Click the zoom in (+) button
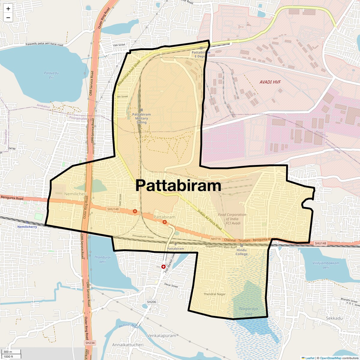tap(8, 9)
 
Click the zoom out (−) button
tap(8, 18)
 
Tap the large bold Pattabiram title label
tap(178, 186)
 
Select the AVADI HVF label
tap(270, 82)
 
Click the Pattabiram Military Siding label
tap(142, 118)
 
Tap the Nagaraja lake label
tap(248, 311)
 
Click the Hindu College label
tap(241, 252)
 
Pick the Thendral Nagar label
tap(214, 294)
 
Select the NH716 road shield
tap(216, 239)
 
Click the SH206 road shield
tap(151, 302)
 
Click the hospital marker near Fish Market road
tap(163, 267)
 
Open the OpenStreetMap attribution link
tap(330, 358)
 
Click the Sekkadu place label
tap(334, 318)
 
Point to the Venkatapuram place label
tap(161, 335)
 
